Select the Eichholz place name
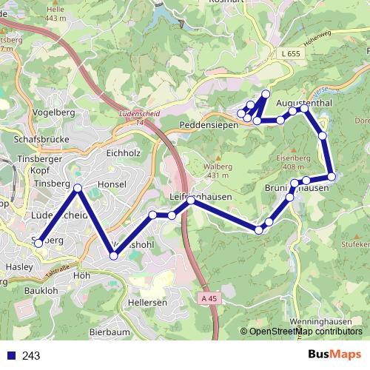coord(123,153)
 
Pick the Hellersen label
coord(147,303)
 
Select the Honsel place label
coord(112,184)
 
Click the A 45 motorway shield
coord(210,298)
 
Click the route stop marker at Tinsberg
coord(78,187)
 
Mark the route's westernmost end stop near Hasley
coord(38,243)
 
